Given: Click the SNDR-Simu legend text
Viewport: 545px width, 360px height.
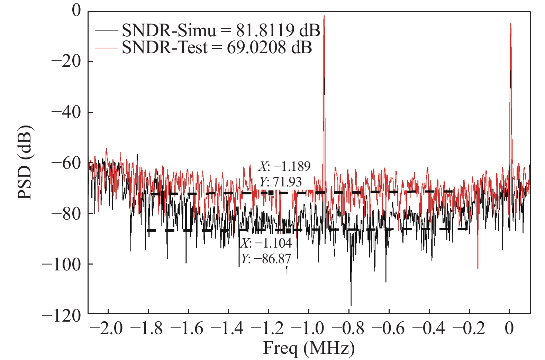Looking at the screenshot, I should [x=221, y=31].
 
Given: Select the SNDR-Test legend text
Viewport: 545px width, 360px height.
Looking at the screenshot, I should [x=217, y=47].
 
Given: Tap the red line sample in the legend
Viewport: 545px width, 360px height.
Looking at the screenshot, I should [x=106, y=48].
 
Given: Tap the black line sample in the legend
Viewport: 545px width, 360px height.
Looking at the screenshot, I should [x=106, y=31].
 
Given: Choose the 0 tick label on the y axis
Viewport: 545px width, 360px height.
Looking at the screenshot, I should [x=76, y=11].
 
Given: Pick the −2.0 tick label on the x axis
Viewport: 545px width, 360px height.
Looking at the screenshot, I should [x=108, y=328].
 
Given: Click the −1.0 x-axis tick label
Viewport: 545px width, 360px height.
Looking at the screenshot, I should [x=309, y=328].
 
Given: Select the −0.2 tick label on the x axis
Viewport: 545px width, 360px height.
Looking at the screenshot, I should [x=470, y=328].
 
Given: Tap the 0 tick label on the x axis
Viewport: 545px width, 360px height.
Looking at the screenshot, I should [x=510, y=328].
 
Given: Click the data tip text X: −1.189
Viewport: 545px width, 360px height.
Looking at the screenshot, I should [x=284, y=166].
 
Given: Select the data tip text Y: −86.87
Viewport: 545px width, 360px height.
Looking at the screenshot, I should [x=266, y=258].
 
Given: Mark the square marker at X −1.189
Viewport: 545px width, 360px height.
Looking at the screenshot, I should [x=271, y=193].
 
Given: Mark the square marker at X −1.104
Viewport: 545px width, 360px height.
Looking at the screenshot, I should [x=288, y=230].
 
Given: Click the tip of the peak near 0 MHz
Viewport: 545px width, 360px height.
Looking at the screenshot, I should [x=510, y=24].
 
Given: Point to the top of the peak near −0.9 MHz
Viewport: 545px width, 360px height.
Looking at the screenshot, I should [x=324, y=16].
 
